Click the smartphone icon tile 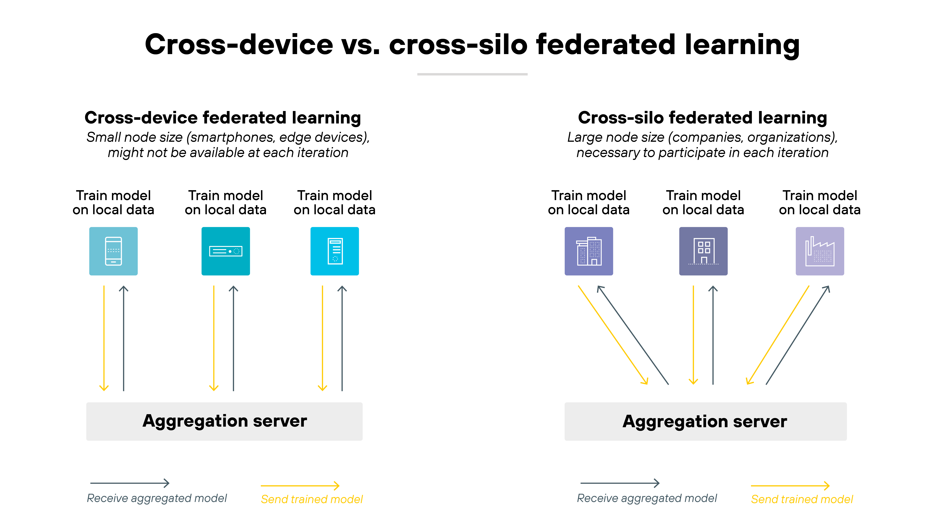pos(113,251)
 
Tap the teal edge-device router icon pos(226,251)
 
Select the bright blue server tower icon pos(335,251)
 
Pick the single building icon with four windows pos(703,251)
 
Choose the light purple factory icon pos(820,251)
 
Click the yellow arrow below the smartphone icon pos(104,337)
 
